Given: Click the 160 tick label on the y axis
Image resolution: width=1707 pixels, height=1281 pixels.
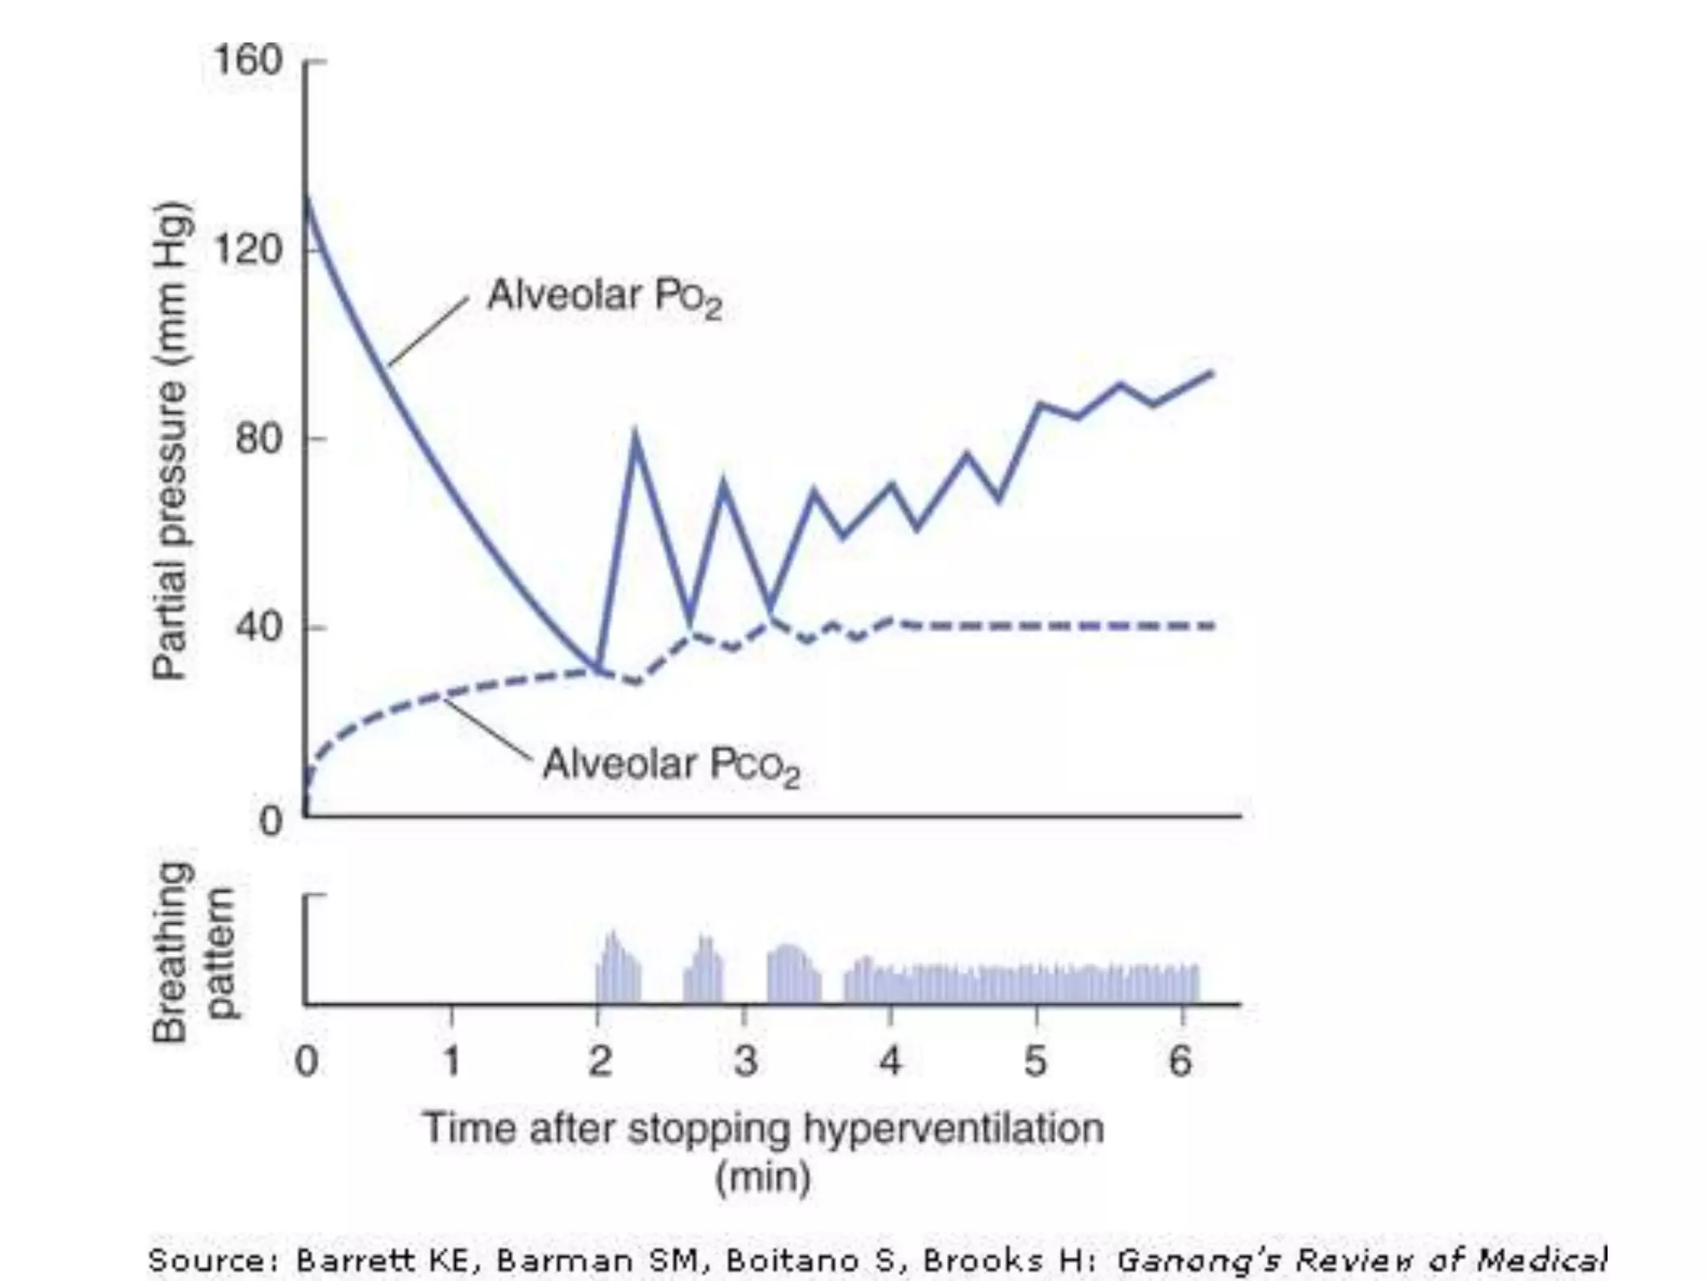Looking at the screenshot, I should coord(248,61).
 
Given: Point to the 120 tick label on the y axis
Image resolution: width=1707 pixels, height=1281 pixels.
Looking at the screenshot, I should coord(248,249).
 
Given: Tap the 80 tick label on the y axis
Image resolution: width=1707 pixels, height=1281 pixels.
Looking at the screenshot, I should coord(258,439).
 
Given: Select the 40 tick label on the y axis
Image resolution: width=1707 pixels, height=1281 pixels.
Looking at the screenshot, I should coord(258,627).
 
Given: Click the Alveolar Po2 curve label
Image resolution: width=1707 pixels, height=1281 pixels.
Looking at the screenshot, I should coord(603,297).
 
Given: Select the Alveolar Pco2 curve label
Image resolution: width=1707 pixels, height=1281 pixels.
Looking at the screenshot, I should coord(670,766).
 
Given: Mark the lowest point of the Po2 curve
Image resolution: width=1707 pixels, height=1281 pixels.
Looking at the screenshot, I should coord(598,668).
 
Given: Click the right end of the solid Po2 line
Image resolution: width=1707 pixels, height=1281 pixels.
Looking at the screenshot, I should coord(1211,373).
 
